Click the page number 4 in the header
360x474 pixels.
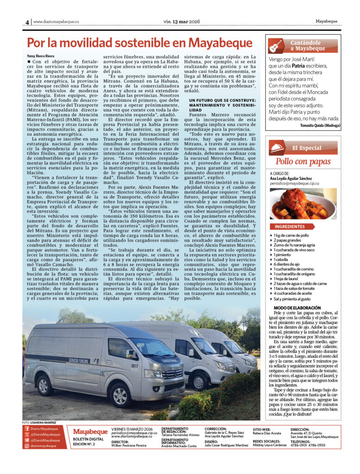27,22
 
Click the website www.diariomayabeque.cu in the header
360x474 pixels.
56,22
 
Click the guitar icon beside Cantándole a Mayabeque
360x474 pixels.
276,46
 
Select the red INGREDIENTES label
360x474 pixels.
290,227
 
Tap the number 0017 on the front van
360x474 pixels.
134,366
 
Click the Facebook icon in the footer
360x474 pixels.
27,429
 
